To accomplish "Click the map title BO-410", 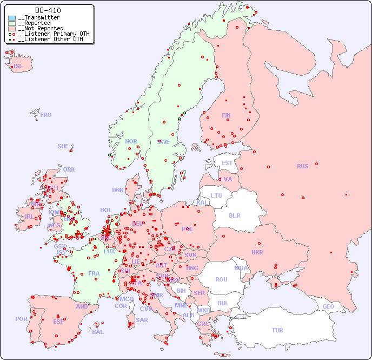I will (48, 10).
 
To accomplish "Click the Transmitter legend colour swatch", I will (12, 18).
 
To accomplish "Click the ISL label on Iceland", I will (18, 67).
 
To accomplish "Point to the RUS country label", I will (302, 166).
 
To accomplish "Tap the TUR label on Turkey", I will (277, 330).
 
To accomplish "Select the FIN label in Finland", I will (226, 115).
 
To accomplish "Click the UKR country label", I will (257, 252).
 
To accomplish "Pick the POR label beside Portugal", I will (21, 319).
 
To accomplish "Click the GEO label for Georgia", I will (328, 306).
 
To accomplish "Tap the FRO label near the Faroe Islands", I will (46, 115).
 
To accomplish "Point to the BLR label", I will (234, 215).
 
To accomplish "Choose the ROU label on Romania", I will (221, 279).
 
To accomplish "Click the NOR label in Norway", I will (131, 141).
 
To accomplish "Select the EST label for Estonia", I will (227, 163).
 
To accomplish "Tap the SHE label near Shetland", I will (63, 146).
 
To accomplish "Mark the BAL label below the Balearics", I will (98, 332).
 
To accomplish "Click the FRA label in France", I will (94, 273).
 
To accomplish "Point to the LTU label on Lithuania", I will (216, 195).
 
